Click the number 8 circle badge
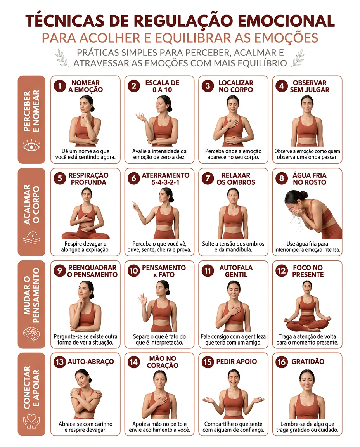281,178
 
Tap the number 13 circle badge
60,362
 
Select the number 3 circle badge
208,86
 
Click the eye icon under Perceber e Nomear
31,146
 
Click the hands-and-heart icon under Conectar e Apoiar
31,421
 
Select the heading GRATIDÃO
308,362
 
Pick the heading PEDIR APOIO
236,362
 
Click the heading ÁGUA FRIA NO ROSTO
310,179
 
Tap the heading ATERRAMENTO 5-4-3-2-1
166,179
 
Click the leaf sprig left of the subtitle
62,57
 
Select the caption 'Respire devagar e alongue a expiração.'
85,247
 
